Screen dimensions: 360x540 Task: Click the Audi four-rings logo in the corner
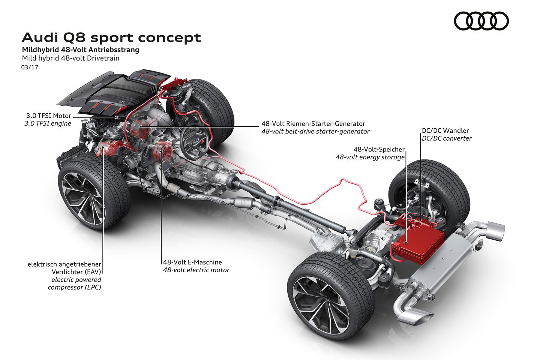tap(481, 21)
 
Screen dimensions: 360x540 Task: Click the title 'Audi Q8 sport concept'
tap(111, 37)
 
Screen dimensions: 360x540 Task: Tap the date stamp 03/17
tap(30, 67)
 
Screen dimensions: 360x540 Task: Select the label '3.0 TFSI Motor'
tap(46, 115)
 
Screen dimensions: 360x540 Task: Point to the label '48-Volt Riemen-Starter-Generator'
tap(313, 123)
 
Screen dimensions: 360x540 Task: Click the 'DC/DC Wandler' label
tap(445, 130)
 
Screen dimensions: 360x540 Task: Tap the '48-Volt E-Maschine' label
tap(192, 262)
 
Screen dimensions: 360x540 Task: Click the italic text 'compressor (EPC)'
tap(74, 287)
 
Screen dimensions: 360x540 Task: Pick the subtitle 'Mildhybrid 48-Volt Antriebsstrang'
tap(80, 50)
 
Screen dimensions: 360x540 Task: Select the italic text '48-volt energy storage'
tap(370, 157)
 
